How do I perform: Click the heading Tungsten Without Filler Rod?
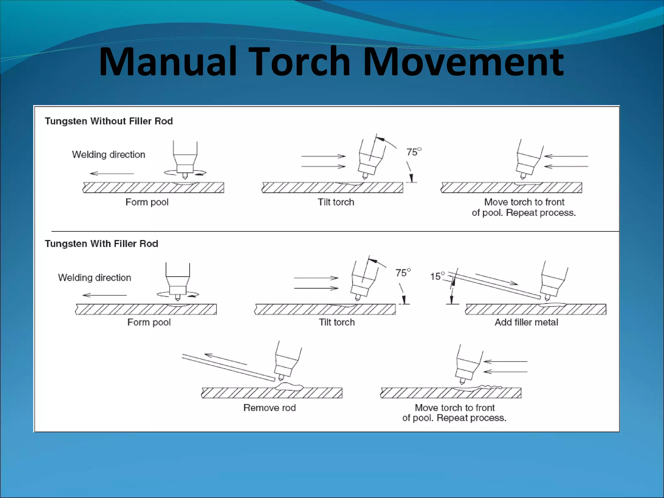tap(109, 121)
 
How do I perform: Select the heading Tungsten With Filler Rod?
tap(101, 244)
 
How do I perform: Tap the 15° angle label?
tap(437, 276)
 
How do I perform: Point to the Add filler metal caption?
tap(526, 322)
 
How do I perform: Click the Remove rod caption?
tap(269, 408)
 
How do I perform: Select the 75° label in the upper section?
tap(413, 152)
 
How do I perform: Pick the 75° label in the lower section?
tap(402, 273)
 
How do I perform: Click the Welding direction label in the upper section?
tap(108, 154)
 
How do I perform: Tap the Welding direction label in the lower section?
tap(94, 278)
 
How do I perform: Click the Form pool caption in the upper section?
tap(147, 202)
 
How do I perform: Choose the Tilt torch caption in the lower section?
tap(337, 322)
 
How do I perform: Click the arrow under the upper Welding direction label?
tap(112, 173)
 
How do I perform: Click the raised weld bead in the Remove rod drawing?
tap(289, 386)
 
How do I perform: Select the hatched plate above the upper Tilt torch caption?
tap(332, 188)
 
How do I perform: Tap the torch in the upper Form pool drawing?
tap(185, 159)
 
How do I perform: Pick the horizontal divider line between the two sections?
tap(334, 231)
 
